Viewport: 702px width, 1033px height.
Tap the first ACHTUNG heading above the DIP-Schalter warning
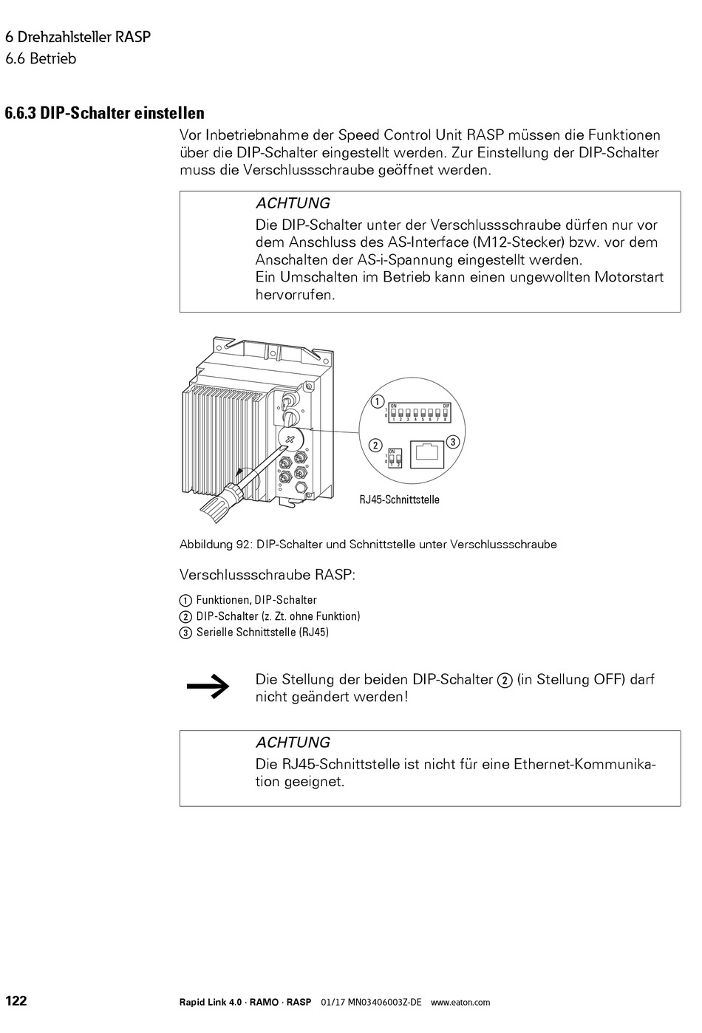pos(293,203)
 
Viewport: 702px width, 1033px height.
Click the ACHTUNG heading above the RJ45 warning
pos(293,743)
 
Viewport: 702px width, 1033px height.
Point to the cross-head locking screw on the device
pos(289,439)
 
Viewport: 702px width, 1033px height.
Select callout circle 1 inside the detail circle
pos(377,402)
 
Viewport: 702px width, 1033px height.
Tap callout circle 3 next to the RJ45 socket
pos(453,442)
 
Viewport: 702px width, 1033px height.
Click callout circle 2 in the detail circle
pos(375,445)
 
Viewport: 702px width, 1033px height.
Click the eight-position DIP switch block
pos(419,412)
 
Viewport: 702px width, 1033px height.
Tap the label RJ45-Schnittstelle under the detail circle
pos(399,500)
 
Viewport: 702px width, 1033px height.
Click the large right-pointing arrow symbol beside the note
pos(208,686)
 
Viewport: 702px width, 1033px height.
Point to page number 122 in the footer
pos(16,1001)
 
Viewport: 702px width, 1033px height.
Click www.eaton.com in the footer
pos(460,1003)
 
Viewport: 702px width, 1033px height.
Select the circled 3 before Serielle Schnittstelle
pos(185,633)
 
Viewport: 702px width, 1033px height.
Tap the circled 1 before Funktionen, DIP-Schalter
pos(185,601)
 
